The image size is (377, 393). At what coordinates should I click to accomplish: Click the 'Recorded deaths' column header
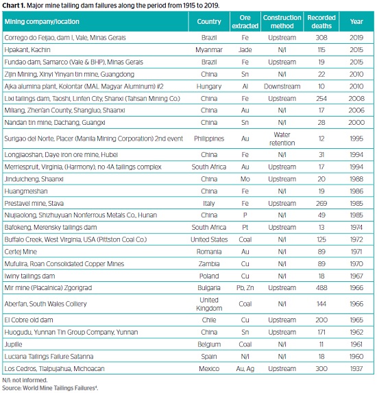pos(321,21)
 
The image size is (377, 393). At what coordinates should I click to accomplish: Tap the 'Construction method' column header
pos(282,21)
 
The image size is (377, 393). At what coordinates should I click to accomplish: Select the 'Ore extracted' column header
pos(245,21)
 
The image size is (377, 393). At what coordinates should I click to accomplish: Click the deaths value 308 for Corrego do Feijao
pos(321,38)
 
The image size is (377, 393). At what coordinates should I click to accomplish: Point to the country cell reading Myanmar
pos(209,50)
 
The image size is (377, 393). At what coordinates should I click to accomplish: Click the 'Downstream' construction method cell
pos(282,86)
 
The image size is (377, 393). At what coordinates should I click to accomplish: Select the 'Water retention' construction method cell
pos(282,139)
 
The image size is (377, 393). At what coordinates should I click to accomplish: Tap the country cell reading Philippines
pos(209,139)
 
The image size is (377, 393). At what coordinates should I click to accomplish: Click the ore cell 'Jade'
pos(245,50)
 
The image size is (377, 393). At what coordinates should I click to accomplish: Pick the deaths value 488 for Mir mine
pos(321,288)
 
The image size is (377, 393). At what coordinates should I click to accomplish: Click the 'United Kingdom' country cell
pos(209,304)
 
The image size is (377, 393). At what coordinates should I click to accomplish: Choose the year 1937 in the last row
pos(356,369)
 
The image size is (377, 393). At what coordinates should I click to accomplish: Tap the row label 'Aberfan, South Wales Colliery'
pos(45,304)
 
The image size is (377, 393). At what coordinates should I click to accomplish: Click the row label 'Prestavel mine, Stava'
pos(34,203)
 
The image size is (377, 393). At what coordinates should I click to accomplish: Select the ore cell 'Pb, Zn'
pos(245,288)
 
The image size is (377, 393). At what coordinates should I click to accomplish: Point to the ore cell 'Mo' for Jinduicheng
pos(245,179)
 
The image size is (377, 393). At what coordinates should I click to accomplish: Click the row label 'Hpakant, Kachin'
pos(27,50)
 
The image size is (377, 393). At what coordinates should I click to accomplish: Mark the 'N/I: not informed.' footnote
pos(25,380)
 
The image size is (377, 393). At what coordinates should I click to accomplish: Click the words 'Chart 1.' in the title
pos(14,5)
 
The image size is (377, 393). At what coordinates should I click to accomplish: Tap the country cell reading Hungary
pos(209,86)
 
